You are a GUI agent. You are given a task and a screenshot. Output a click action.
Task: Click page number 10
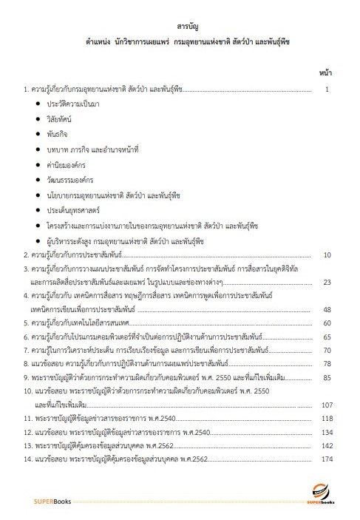(327, 254)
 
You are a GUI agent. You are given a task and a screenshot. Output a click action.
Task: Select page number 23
(327, 282)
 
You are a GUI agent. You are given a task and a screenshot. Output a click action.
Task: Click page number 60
(327, 323)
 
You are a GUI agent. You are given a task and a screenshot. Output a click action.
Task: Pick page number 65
(327, 337)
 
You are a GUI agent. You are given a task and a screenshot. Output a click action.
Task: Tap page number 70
(327, 350)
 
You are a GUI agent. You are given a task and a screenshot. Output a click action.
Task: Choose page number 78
(327, 364)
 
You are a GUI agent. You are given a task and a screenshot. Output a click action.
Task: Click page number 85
(327, 377)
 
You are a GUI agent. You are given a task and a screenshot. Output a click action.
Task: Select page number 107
(327, 405)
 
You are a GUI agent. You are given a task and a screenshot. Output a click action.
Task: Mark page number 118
(327, 419)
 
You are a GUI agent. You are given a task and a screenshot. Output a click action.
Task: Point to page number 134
(327, 432)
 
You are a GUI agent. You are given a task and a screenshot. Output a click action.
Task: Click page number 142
(327, 446)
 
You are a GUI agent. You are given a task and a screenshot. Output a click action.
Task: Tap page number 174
(327, 459)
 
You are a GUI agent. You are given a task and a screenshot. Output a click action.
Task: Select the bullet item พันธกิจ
(58, 134)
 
